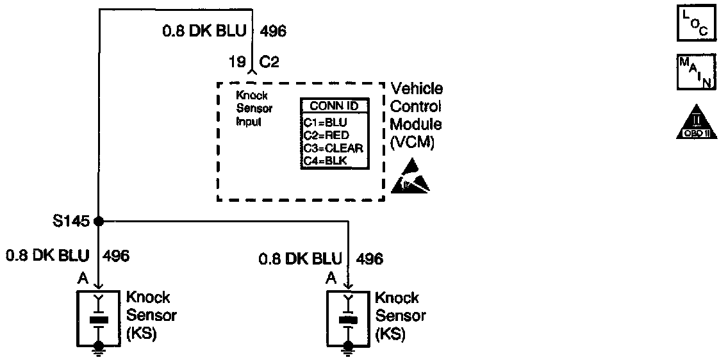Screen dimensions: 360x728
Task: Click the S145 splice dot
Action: click(98, 221)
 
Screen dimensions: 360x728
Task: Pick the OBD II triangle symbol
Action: click(693, 124)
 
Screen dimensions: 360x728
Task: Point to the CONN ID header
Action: click(335, 106)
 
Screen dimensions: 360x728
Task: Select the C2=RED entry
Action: click(326, 135)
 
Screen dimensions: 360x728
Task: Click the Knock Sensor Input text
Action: click(254, 108)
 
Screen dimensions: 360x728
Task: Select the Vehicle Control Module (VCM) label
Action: click(416, 116)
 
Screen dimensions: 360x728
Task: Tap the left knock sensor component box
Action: click(98, 316)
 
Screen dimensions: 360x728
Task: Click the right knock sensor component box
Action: click(348, 316)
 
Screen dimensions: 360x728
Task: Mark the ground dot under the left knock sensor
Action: click(98, 346)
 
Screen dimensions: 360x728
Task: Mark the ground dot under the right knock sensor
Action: click(348, 346)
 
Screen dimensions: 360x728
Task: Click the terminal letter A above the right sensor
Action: click(331, 277)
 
